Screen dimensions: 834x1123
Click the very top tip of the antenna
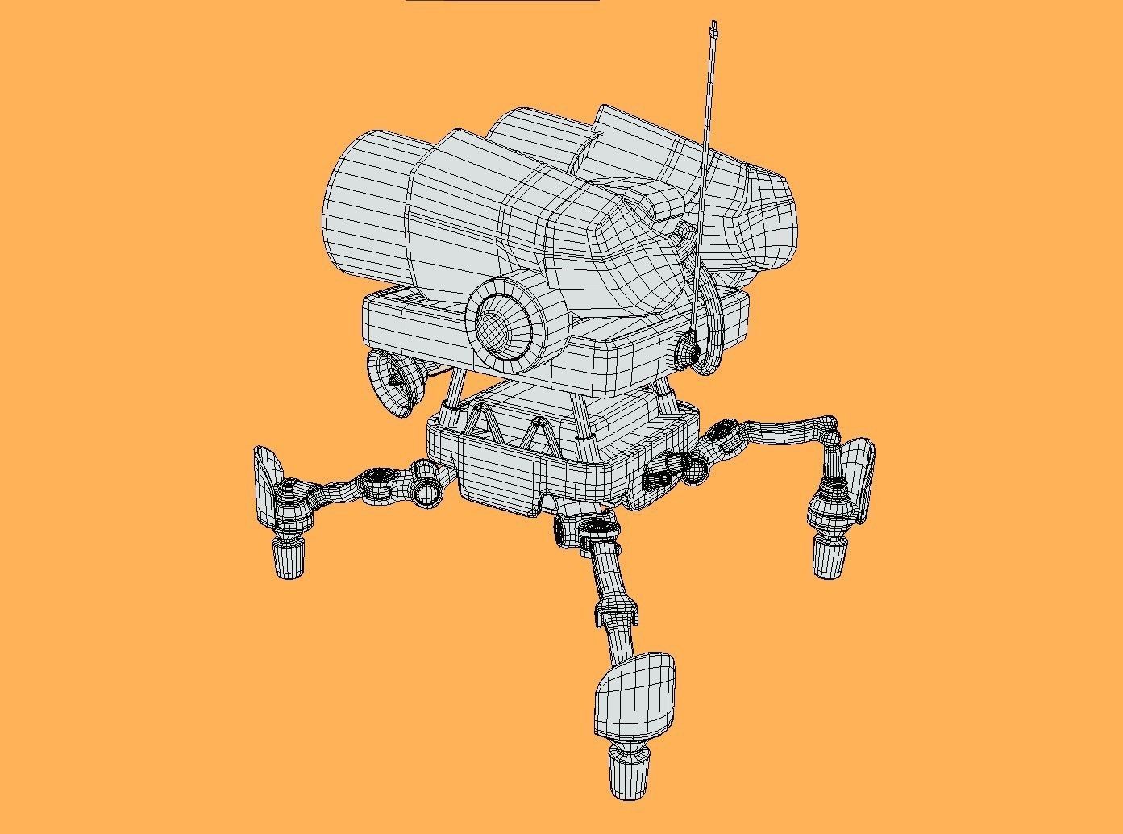click(x=714, y=24)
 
